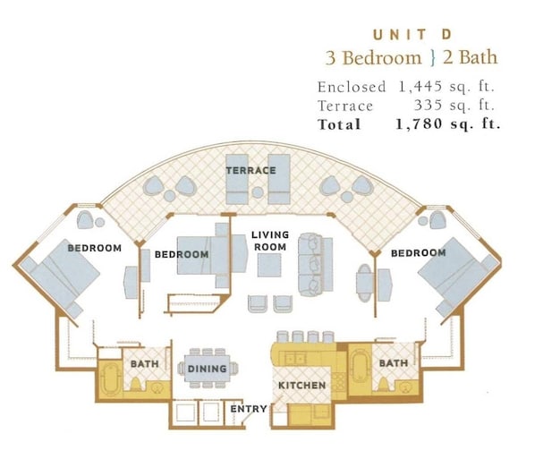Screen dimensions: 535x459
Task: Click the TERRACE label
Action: point(251,170)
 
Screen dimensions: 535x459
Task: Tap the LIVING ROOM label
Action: point(270,241)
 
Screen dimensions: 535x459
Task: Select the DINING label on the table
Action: point(207,369)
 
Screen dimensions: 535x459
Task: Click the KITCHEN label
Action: point(302,386)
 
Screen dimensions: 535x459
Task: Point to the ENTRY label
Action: point(249,409)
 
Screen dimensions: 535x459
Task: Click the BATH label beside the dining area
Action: point(145,364)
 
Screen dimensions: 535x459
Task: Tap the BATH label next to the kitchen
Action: point(394,362)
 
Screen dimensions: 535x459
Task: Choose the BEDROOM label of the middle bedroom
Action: point(182,254)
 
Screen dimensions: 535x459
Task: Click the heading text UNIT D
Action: point(412,35)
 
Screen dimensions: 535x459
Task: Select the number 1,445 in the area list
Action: point(420,87)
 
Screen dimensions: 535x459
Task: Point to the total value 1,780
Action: point(420,123)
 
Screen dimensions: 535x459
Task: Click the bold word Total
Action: point(339,124)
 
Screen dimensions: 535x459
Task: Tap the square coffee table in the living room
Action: point(269,265)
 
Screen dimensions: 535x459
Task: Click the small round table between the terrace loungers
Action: point(258,192)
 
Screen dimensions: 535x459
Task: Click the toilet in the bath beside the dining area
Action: point(135,384)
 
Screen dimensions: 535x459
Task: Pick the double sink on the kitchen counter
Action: point(295,358)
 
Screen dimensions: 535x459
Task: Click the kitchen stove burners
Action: point(338,382)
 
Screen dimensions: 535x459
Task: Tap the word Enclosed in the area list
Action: point(352,87)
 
